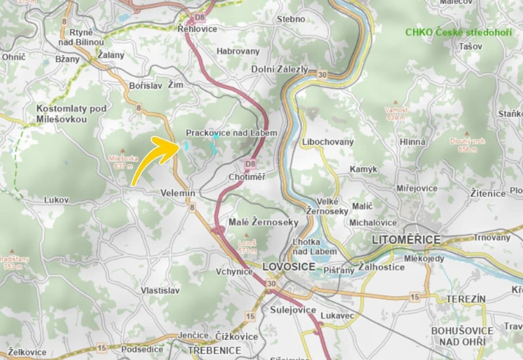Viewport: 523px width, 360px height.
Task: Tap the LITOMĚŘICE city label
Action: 406,240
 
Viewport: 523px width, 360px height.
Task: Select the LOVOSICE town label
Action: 289,266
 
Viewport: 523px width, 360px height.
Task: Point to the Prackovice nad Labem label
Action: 231,133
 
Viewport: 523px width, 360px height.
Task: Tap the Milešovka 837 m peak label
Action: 121,162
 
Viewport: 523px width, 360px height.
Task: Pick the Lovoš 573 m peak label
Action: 247,247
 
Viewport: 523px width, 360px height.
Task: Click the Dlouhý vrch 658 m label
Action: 468,145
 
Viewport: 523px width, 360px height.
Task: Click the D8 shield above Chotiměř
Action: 250,164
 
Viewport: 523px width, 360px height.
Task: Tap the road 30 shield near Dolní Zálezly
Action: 321,75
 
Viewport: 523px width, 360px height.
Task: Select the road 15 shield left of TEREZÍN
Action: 414,297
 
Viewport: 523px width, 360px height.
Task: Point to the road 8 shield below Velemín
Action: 193,207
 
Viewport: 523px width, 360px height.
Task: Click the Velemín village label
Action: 178,193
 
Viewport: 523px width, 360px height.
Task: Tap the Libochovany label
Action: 328,142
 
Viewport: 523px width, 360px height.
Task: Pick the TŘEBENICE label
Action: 214,350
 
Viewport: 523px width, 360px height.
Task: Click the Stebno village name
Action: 291,19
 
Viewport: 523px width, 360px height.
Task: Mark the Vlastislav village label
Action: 160,290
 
